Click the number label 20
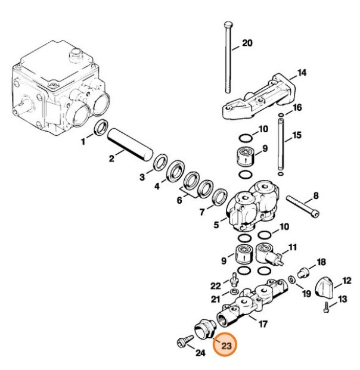click(247, 43)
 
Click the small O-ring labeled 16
click(281, 114)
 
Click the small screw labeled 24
click(181, 343)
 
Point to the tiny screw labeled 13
click(326, 307)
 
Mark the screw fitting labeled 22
click(234, 277)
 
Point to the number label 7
click(202, 212)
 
